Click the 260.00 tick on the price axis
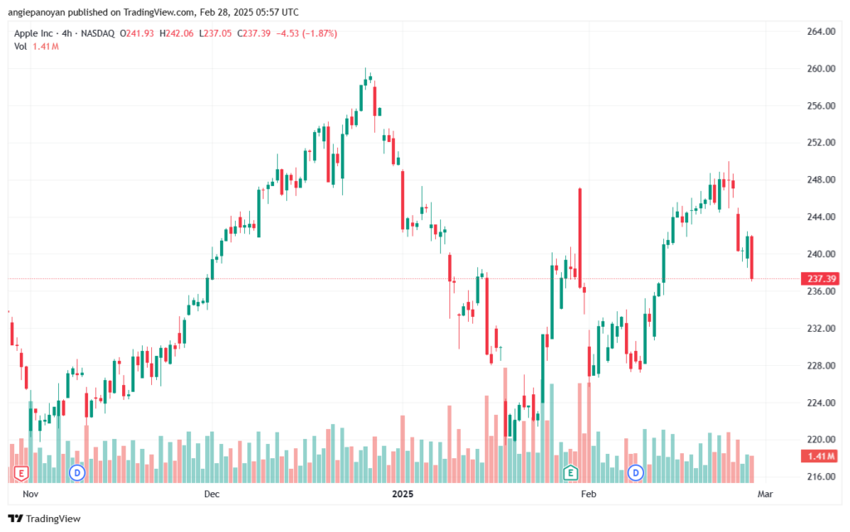tap(821, 69)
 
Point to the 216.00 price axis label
tap(821, 476)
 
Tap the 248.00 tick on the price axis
tap(821, 180)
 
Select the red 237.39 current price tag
tap(821, 279)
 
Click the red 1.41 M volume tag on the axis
tap(821, 456)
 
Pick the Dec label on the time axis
tap(212, 494)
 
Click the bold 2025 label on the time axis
tap(403, 494)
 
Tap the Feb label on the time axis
tap(589, 494)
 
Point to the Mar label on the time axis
tap(765, 494)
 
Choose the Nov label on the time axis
tap(31, 494)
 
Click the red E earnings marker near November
tap(21, 474)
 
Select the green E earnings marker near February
tap(569, 473)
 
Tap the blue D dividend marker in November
tap(77, 473)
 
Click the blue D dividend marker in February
tap(635, 473)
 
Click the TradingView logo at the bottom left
tap(45, 519)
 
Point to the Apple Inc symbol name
tap(33, 33)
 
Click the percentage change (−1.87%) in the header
tap(320, 33)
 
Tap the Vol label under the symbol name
tap(21, 46)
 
